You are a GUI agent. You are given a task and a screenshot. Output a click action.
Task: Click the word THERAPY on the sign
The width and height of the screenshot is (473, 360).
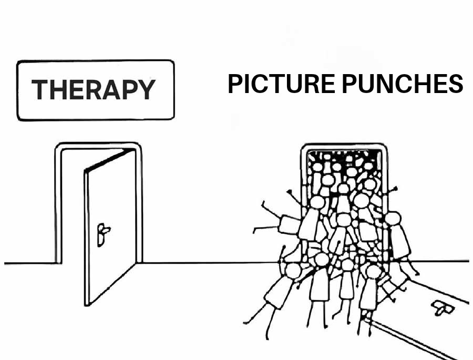click(94, 89)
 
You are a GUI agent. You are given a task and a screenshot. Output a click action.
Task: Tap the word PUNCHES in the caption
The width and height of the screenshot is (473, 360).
click(403, 84)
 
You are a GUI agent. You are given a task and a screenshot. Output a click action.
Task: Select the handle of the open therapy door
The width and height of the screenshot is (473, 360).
click(102, 234)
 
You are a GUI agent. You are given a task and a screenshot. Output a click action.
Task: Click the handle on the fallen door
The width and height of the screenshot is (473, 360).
click(443, 308)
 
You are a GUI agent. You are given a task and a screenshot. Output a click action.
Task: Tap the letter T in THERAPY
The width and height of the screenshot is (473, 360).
click(40, 89)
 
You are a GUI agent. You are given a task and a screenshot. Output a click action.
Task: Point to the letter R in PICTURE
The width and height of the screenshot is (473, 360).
click(310, 84)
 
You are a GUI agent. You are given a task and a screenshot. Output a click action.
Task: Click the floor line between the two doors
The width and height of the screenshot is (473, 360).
click(210, 263)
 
